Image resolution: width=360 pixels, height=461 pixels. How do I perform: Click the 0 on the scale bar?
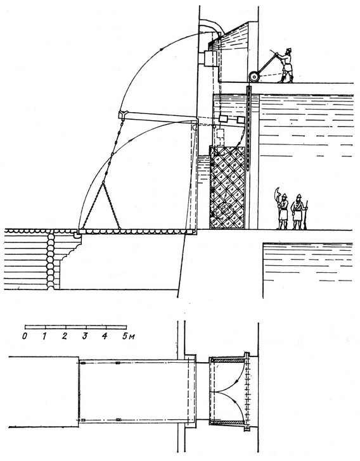click(25, 336)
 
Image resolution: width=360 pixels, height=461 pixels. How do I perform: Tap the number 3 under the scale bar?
click(85, 336)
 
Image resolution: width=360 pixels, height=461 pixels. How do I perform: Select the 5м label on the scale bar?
click(129, 336)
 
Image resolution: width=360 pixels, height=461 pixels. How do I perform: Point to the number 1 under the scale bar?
click(44, 336)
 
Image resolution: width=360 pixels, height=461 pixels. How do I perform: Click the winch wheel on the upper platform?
click(254, 77)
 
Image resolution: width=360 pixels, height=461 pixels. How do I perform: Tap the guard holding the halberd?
click(282, 210)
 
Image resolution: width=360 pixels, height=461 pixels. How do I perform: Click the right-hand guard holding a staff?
click(299, 212)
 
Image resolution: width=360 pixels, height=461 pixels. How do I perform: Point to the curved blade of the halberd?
click(276, 194)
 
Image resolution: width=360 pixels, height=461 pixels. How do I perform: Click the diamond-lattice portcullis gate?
click(228, 187)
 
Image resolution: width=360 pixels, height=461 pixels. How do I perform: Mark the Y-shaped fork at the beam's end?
click(122, 115)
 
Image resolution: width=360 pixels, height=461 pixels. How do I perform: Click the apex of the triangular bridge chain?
click(103, 182)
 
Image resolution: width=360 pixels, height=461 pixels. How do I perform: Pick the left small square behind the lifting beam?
click(224, 119)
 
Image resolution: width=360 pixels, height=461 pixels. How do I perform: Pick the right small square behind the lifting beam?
click(241, 120)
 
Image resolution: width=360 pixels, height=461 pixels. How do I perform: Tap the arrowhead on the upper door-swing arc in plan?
click(237, 382)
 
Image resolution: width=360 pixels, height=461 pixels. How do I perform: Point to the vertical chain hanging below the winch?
click(248, 129)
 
